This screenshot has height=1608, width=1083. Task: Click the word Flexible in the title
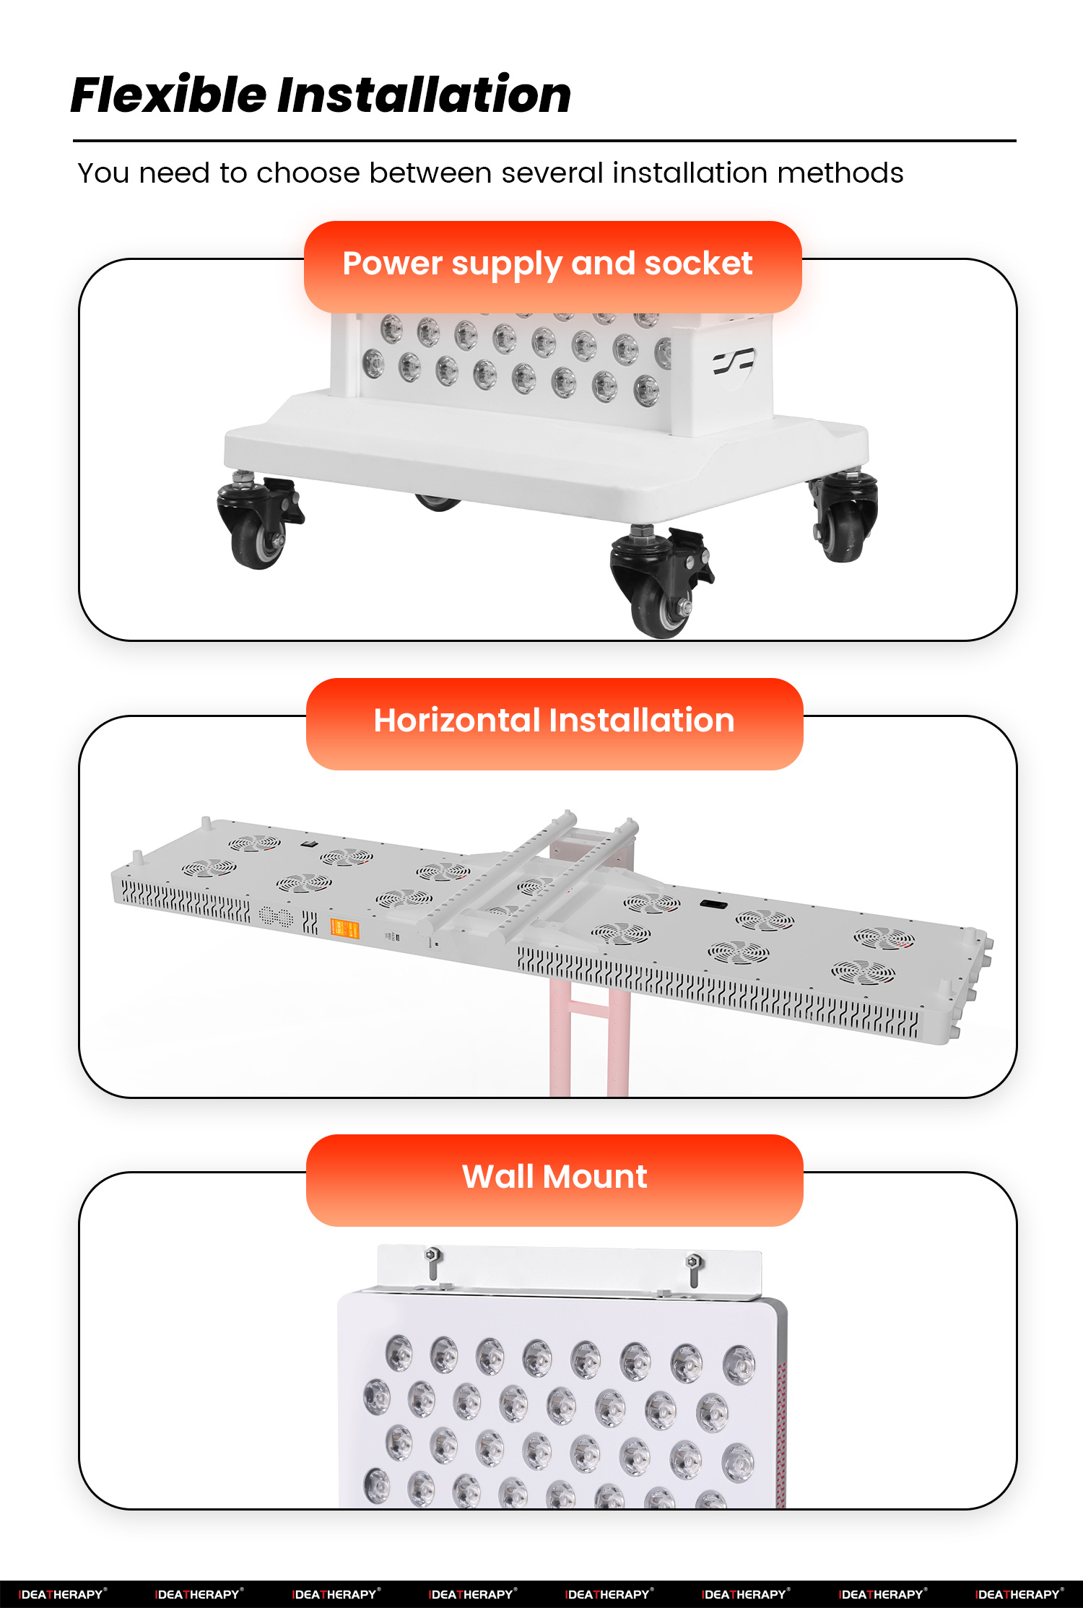pyautogui.click(x=168, y=95)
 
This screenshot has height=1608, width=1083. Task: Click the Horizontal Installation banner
pyautogui.click(x=554, y=723)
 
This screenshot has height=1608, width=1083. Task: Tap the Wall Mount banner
pyautogui.click(x=554, y=1179)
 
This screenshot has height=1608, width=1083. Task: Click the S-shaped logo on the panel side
pyautogui.click(x=734, y=361)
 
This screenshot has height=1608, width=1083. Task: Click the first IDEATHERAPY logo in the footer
pyautogui.click(x=63, y=1594)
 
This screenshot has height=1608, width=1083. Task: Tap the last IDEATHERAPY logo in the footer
pyautogui.click(x=1019, y=1594)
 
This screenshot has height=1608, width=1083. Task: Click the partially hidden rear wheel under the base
pyautogui.click(x=436, y=501)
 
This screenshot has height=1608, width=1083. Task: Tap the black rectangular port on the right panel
pyautogui.click(x=712, y=904)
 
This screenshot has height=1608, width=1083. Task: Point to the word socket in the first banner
pyautogui.click(x=698, y=264)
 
